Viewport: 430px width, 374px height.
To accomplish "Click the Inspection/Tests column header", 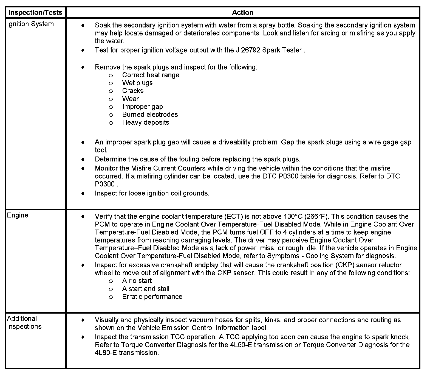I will pyautogui.click(x=35, y=12).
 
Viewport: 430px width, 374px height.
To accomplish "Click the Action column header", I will pyautogui.click(x=242, y=12).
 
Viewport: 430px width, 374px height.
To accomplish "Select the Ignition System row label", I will pyautogui.click(x=30, y=24).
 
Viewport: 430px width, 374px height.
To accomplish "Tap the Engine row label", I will pyautogui.click(x=18, y=215).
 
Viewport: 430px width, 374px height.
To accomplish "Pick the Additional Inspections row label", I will pyautogui.click(x=24, y=322).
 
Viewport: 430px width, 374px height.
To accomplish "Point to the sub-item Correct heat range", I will pyautogui.click(x=151, y=75).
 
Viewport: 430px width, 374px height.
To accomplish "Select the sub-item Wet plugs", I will pyautogui.click(x=137, y=83).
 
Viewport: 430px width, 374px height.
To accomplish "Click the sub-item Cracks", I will pyautogui.click(x=133, y=91).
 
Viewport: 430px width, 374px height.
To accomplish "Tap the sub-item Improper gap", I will pyautogui.click(x=142, y=107).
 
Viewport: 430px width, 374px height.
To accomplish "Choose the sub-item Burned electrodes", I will pyautogui.click(x=150, y=115).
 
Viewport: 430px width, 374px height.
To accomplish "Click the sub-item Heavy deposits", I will pyautogui.click(x=146, y=122).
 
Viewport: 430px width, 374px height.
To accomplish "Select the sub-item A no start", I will pyautogui.click(x=137, y=281).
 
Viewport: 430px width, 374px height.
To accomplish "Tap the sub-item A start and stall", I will pyautogui.click(x=146, y=289).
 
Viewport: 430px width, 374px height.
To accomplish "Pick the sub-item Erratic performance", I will pyautogui.click(x=152, y=297).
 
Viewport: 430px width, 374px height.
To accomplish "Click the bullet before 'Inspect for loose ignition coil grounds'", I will pyautogui.click(x=83, y=193).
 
